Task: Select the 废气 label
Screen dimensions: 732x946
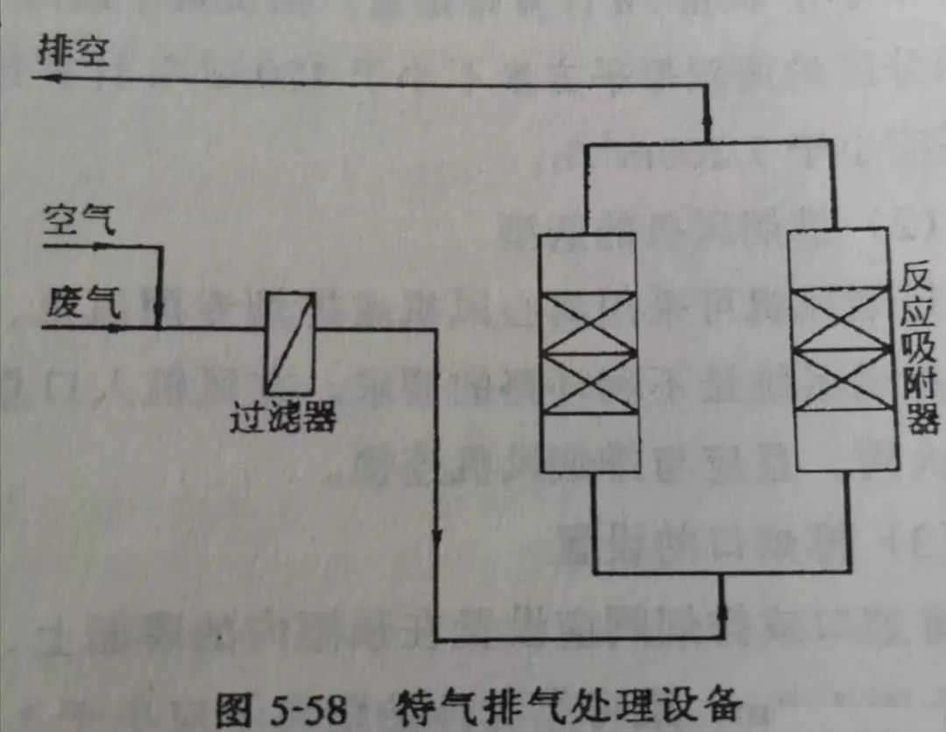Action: coord(79,303)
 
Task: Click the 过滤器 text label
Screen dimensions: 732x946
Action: coord(282,419)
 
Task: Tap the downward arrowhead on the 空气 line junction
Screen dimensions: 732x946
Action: coord(159,311)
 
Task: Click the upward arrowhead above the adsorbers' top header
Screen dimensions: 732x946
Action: coord(706,131)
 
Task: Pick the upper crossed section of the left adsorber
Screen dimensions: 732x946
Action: coord(588,322)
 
